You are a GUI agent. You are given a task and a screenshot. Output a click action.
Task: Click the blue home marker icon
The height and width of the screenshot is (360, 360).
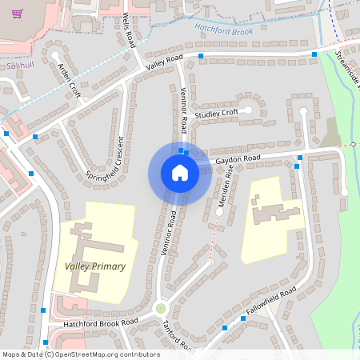click(180, 173)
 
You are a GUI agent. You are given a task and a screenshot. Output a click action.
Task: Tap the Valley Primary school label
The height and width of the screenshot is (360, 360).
click(95, 266)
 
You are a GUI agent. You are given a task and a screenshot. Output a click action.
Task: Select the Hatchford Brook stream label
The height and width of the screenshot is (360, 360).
click(223, 32)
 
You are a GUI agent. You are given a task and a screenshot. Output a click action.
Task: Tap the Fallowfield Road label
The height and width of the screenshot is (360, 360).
click(271, 301)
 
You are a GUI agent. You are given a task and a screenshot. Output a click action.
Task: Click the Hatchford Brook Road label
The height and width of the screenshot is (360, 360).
click(101, 322)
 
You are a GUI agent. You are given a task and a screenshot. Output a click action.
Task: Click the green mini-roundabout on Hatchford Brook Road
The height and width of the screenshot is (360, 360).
click(159, 307)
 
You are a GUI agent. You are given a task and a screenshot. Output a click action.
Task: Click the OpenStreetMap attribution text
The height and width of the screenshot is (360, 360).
click(81, 354)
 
